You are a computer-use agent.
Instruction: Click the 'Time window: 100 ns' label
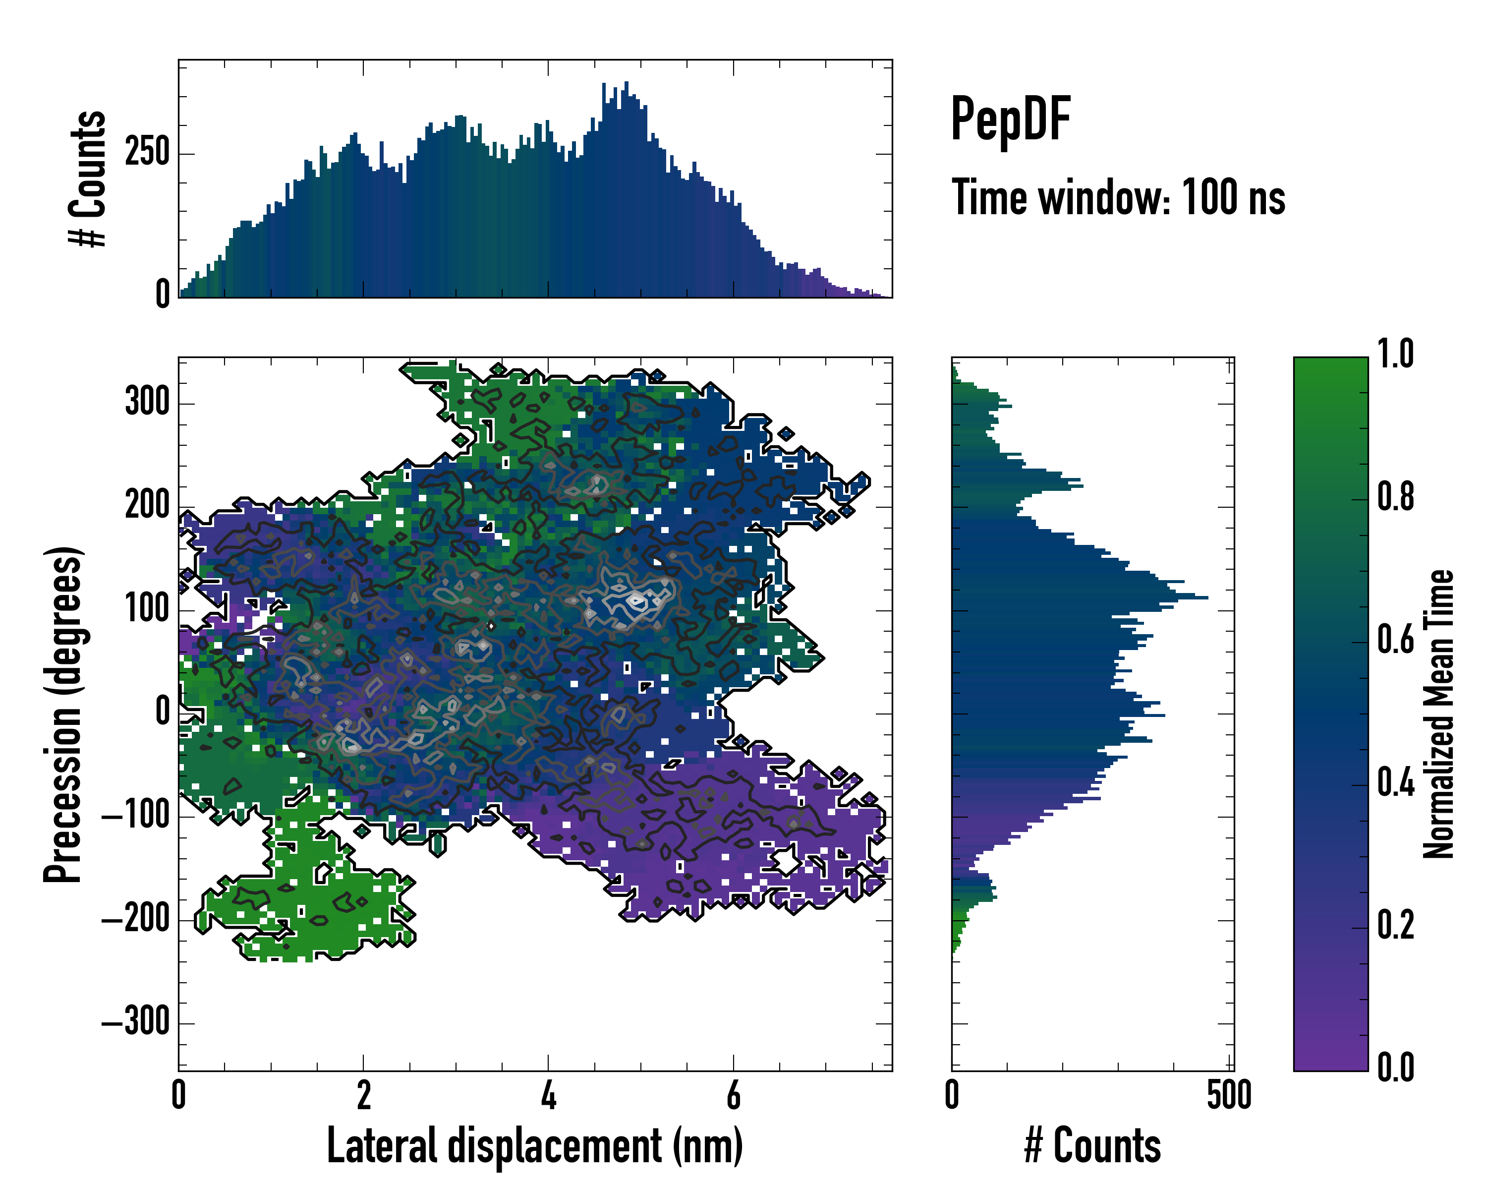coord(1118,198)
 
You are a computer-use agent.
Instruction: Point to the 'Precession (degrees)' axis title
coord(63,714)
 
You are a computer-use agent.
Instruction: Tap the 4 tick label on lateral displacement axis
coord(548,1095)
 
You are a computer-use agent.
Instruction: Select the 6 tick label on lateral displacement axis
coord(733,1095)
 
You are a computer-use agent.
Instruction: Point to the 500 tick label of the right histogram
coord(1229,1095)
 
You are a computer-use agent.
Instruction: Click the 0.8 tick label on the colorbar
coord(1395,497)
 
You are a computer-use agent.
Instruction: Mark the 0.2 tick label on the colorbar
coord(1395,925)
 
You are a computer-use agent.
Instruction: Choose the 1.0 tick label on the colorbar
coord(1395,355)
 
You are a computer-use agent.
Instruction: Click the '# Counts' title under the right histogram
coord(1092,1146)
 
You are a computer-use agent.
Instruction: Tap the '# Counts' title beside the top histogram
coord(88,179)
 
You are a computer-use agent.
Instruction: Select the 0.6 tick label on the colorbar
coord(1395,640)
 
